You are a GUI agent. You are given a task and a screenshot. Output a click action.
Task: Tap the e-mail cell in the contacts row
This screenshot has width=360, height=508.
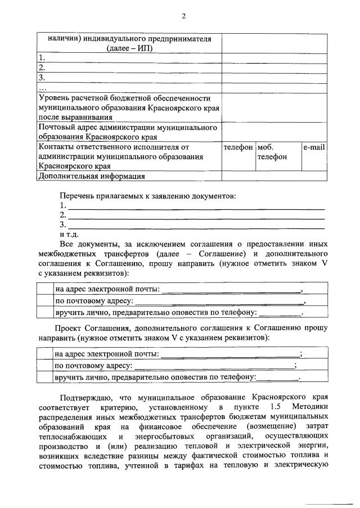coord(314,147)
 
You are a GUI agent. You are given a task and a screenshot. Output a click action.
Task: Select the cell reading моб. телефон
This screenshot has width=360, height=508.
coord(272,152)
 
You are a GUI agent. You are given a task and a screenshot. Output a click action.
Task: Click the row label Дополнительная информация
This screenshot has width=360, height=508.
coord(91,176)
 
